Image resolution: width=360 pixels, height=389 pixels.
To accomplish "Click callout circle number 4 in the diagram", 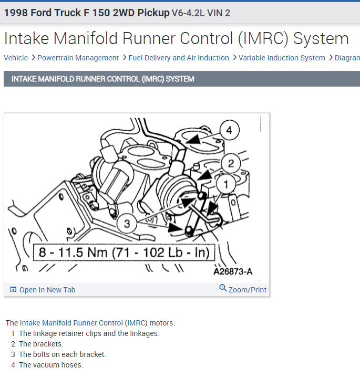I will point(229,130).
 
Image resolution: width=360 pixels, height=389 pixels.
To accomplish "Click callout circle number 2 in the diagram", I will point(231,163).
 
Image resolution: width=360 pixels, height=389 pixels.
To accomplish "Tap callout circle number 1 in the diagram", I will point(227,183).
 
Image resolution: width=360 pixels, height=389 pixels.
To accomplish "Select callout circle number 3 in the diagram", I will point(126,224).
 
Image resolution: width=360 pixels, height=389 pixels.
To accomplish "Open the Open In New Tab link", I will point(47,290).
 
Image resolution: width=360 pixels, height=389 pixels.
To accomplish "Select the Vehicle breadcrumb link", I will point(16,58).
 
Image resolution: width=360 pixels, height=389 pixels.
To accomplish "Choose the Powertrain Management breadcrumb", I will point(78,58).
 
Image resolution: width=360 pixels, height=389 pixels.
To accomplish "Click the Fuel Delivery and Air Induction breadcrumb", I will point(179,58).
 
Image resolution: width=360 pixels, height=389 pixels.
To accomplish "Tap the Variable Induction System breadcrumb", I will point(282,58).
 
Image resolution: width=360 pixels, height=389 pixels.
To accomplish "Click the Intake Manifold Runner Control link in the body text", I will point(71,323).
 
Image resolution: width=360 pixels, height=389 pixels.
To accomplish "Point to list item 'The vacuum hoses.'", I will point(51,365).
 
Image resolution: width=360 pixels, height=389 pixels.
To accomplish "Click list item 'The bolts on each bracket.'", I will point(63,354).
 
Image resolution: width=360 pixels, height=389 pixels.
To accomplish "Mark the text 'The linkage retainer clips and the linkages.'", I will point(89,333).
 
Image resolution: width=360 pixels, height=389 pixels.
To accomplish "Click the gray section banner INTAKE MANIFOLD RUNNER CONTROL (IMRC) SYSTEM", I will point(103,79).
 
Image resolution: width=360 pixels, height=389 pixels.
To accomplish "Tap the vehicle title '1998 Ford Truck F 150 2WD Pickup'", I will point(87,13).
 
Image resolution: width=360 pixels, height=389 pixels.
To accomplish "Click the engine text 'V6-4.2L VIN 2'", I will point(201,13).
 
